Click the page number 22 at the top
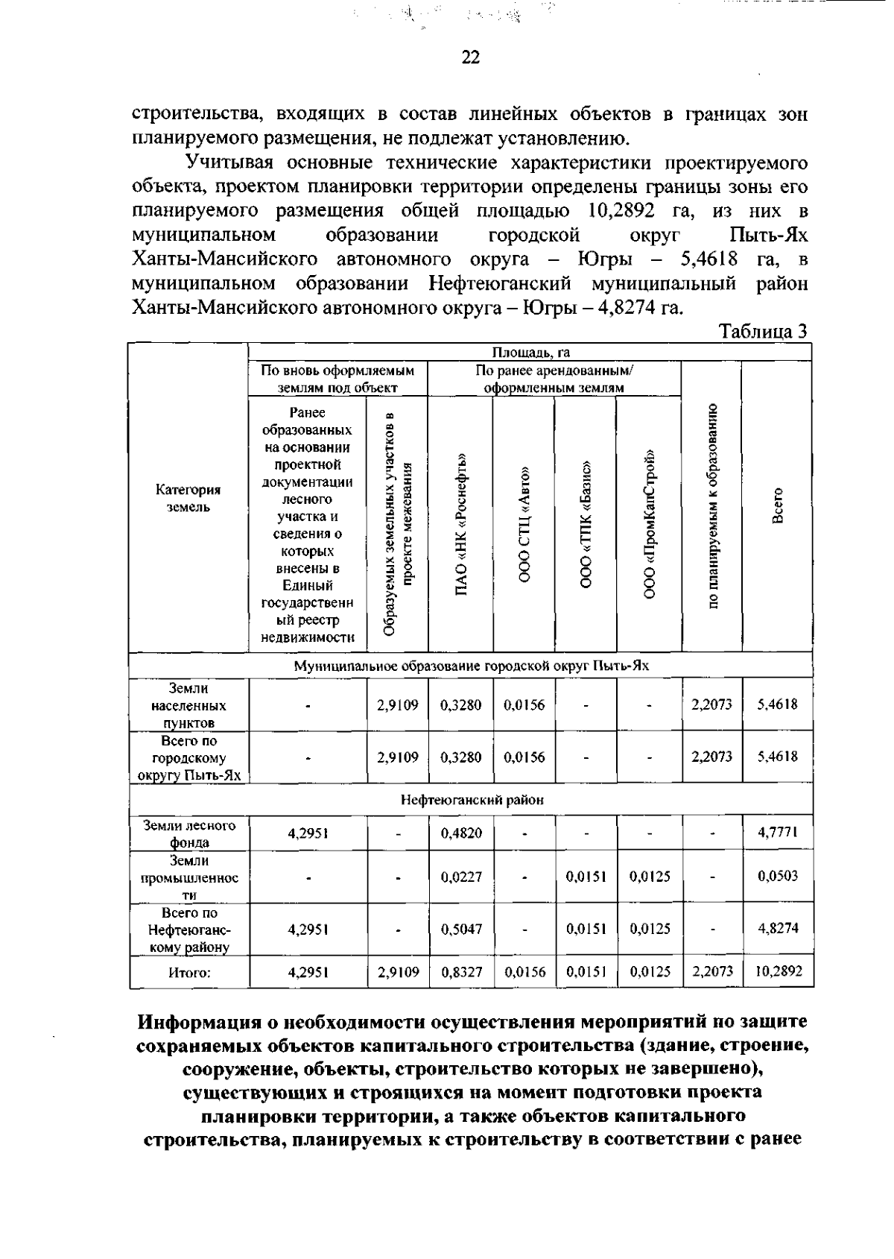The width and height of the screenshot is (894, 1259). (x=470, y=58)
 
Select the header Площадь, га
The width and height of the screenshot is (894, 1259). (x=530, y=353)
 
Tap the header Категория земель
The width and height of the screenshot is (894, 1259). (x=188, y=498)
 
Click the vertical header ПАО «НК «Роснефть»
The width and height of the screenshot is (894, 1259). (x=461, y=524)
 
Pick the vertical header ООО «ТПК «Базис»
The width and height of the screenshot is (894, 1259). (x=586, y=524)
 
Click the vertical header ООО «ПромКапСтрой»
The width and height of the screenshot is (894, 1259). (x=650, y=524)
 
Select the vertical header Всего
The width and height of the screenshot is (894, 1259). (x=778, y=506)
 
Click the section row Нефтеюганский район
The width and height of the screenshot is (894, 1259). (x=472, y=800)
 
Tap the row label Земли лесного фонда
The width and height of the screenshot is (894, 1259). (x=189, y=833)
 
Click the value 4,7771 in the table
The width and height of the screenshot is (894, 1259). (x=778, y=833)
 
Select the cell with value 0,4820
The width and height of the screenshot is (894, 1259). (x=460, y=833)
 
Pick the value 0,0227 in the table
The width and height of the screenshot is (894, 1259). (x=460, y=877)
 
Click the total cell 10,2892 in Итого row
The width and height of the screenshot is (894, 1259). (x=778, y=971)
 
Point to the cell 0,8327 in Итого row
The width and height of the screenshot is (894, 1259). (x=460, y=972)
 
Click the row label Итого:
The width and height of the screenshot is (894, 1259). (x=189, y=972)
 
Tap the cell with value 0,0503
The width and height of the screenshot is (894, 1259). (x=778, y=876)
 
